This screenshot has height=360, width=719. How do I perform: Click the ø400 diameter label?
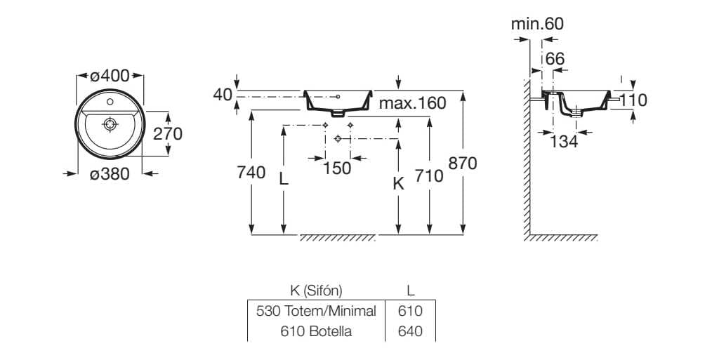pyautogui.click(x=110, y=76)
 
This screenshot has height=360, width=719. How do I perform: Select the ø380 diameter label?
pyautogui.click(x=110, y=174)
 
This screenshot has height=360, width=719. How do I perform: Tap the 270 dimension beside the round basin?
pyautogui.click(x=169, y=133)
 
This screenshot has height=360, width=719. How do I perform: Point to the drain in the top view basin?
pyautogui.click(x=110, y=125)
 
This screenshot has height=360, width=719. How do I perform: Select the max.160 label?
pyautogui.click(x=412, y=104)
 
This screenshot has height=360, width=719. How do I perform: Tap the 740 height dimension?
pyautogui.click(x=252, y=173)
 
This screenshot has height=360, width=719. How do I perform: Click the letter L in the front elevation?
pyautogui.click(x=284, y=179)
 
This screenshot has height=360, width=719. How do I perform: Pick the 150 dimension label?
pyautogui.click(x=338, y=168)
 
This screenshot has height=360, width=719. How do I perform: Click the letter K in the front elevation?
pyautogui.click(x=398, y=184)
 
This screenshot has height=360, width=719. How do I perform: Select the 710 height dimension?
pyautogui.click(x=429, y=175)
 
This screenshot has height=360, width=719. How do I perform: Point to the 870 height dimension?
pyautogui.click(x=463, y=164)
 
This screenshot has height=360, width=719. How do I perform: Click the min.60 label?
pyautogui.click(x=537, y=24)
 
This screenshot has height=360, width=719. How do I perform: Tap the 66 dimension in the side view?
pyautogui.click(x=555, y=59)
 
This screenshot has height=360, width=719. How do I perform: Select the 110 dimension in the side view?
pyautogui.click(x=633, y=100)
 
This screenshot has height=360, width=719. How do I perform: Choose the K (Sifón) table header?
pyautogui.click(x=317, y=290)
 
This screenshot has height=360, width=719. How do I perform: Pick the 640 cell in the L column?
pyautogui.click(x=410, y=331)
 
